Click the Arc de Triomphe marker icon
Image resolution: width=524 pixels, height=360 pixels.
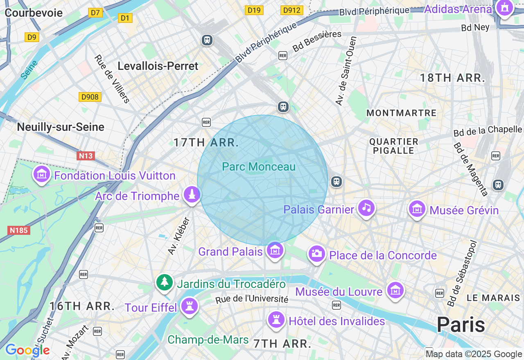[x=191, y=194]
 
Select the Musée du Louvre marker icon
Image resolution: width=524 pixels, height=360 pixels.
[x=395, y=290]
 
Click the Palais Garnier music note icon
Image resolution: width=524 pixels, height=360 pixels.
[x=366, y=208]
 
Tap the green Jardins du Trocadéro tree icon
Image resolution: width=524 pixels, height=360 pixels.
[x=164, y=282]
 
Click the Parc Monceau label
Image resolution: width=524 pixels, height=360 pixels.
[x=258, y=166]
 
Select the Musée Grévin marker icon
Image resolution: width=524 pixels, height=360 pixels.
[x=417, y=209]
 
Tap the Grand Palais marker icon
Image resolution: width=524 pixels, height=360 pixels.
[x=275, y=250]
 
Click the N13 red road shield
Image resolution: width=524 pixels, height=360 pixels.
[x=86, y=156]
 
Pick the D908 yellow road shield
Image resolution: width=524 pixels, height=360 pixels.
[x=90, y=97]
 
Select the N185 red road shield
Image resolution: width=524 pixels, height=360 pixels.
[x=19, y=230]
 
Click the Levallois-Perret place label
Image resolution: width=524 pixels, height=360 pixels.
[x=158, y=66]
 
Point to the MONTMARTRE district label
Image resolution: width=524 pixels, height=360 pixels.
[x=401, y=113]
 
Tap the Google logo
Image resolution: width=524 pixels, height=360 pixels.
[x=27, y=350]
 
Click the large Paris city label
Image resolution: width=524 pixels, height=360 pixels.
[x=461, y=325]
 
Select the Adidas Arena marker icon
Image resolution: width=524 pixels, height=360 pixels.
[x=504, y=8]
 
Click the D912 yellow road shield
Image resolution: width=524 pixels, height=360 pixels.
[x=291, y=10]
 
